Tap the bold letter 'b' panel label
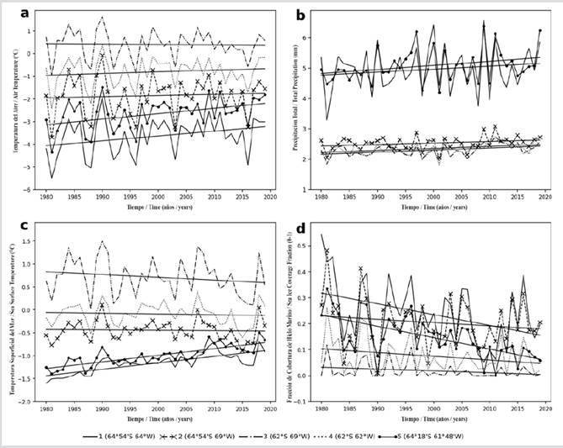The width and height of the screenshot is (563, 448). click(302, 13)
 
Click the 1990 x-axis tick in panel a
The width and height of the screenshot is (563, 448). click(102, 196)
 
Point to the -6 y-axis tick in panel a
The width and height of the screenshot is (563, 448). click(35, 190)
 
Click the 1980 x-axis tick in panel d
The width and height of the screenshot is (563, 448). click(321, 409)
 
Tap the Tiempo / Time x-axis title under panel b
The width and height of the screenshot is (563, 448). click(432, 205)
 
